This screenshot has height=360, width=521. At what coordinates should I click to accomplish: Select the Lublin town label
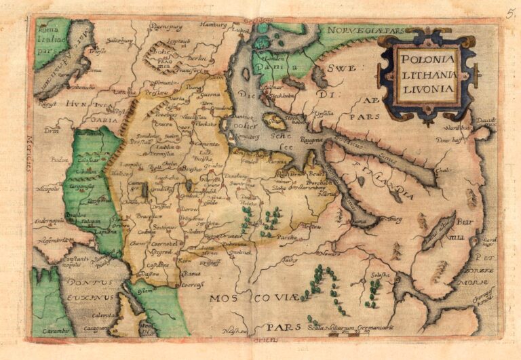pyautogui.click(x=166, y=145)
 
